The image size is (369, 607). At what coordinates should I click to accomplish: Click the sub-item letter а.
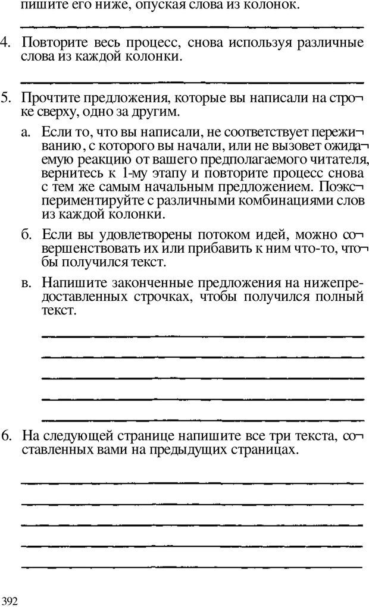pos(25,132)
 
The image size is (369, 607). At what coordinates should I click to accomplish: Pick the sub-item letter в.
pos(26,282)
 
